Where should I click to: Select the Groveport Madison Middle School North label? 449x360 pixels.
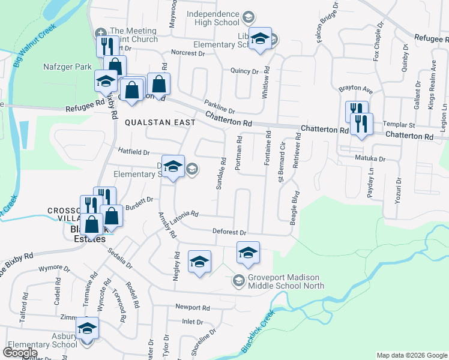pos(279,281)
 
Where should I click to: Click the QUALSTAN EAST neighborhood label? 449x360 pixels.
pos(160,122)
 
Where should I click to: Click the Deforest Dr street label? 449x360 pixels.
pos(229,232)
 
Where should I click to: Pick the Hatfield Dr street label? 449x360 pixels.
pos(133,152)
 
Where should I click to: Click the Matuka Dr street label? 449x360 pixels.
pos(372,159)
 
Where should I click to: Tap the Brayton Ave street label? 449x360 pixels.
pos(355,90)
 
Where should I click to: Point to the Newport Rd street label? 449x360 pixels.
pos(192,307)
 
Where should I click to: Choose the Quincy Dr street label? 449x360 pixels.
pos(244,71)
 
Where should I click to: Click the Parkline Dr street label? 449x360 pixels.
pos(219,106)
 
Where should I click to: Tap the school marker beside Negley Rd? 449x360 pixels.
pos(200,261)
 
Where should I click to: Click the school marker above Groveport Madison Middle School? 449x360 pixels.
pos(248,252)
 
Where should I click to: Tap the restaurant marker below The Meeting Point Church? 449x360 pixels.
pos(104,46)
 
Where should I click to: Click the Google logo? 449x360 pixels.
pos(20,352)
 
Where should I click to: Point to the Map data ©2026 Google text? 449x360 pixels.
pos(411,355)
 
